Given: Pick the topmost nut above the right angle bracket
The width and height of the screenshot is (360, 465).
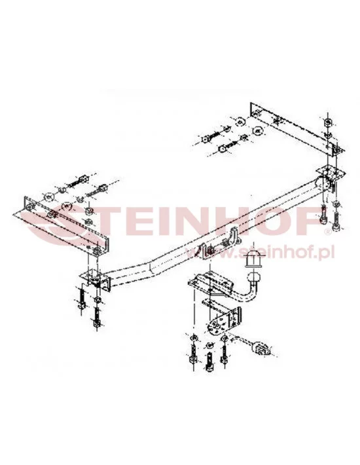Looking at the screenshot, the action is tap(327, 122).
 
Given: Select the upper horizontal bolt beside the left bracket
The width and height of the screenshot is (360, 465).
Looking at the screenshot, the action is tap(79, 181).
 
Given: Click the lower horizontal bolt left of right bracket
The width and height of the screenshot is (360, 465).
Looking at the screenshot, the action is tap(228, 146).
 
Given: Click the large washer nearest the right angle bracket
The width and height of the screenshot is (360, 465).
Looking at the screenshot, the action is tap(257, 130).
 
